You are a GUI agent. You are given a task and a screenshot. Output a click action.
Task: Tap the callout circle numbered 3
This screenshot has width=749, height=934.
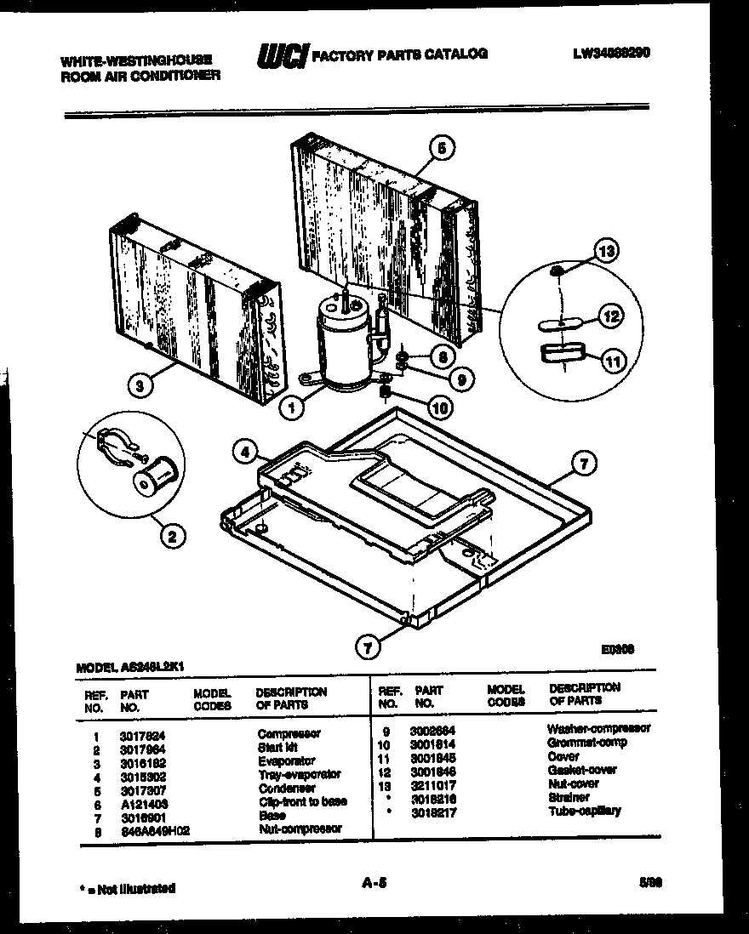[140, 386]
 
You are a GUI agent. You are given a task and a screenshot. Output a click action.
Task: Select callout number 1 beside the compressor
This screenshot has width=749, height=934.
[293, 407]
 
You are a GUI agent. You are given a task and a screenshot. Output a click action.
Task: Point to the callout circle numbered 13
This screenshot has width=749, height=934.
[605, 252]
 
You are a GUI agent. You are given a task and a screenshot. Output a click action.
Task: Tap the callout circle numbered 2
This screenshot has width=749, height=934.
[172, 536]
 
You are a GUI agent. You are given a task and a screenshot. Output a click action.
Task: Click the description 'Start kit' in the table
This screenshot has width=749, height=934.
[277, 747]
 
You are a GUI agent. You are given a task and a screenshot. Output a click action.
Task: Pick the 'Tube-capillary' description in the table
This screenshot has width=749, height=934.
[584, 811]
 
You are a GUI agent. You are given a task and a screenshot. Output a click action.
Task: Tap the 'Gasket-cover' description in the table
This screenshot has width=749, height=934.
[581, 770]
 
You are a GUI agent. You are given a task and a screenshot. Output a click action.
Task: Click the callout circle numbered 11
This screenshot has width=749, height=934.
[612, 362]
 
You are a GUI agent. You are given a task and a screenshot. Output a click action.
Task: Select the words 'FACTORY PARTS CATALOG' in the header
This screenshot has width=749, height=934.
[400, 54]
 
